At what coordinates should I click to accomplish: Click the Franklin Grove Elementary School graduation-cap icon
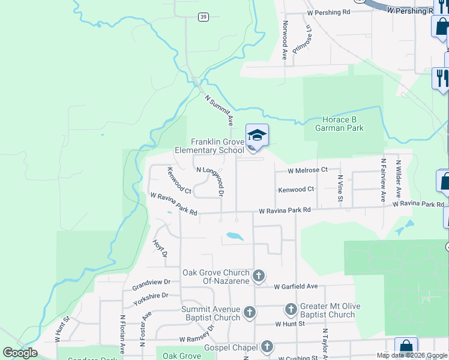(257, 135)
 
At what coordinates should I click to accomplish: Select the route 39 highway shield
(204, 17)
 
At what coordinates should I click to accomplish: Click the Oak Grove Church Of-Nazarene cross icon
(259, 276)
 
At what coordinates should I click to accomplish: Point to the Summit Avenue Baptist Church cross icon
(250, 313)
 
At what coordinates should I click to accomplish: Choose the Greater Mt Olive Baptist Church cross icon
(291, 310)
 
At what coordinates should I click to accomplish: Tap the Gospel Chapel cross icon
(267, 347)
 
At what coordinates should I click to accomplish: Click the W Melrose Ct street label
(307, 170)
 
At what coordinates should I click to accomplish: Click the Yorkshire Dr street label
(151, 299)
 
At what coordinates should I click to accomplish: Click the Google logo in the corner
(20, 353)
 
